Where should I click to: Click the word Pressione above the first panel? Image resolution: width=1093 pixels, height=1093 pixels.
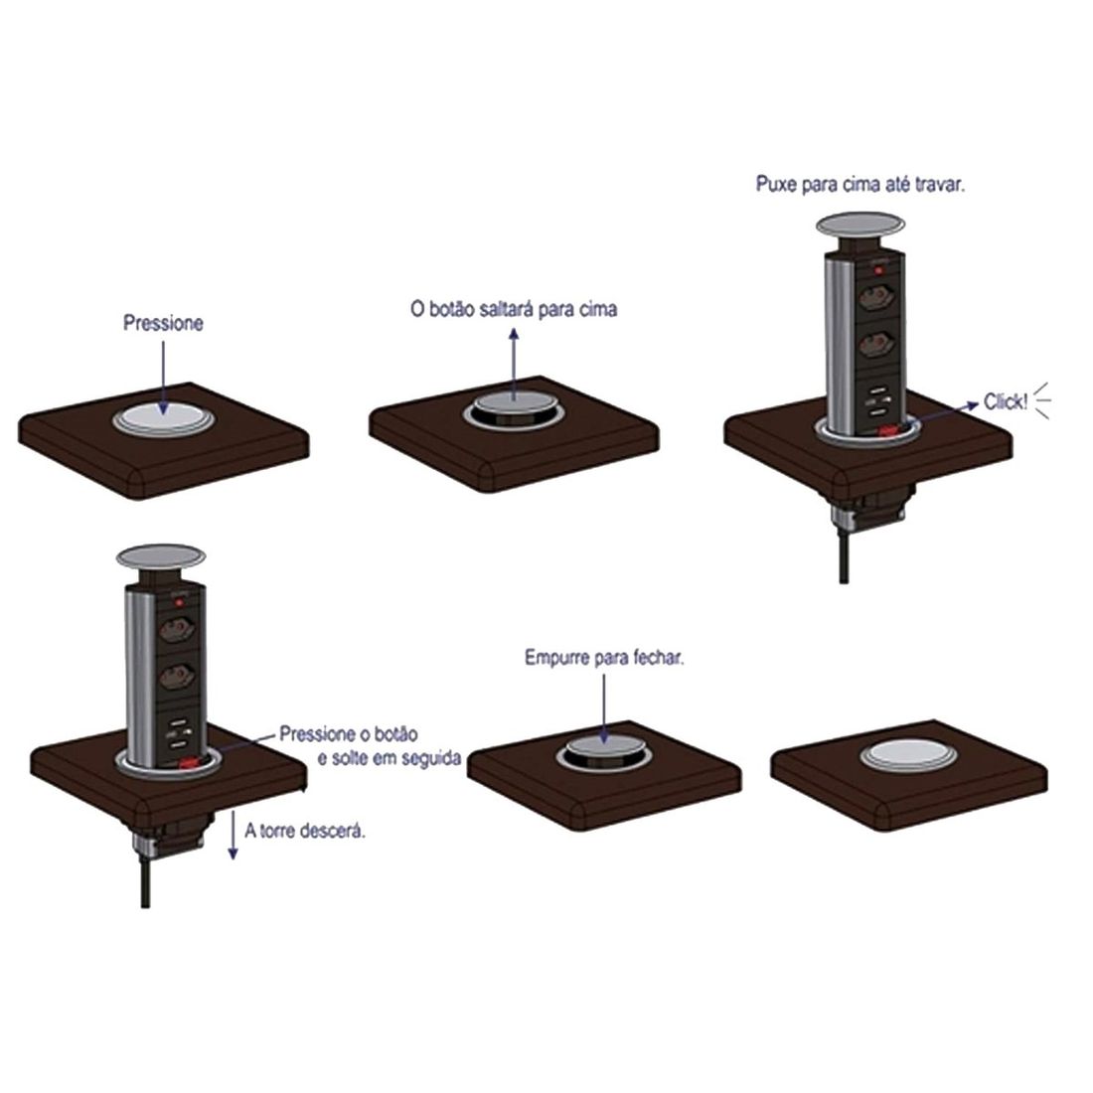click(163, 323)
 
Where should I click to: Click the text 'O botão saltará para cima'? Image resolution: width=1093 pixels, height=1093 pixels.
click(514, 309)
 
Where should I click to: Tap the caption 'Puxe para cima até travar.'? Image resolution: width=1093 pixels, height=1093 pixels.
click(859, 185)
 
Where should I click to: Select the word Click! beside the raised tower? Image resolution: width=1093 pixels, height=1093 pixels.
click(1005, 402)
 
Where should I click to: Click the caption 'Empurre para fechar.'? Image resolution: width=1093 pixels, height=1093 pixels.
click(604, 659)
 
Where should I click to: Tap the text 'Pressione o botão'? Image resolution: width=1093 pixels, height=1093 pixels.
click(348, 734)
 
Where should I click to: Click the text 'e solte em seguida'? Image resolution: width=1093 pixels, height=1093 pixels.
click(389, 759)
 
